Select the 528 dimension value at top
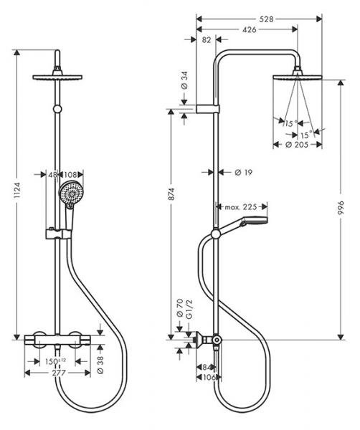(x=267, y=19)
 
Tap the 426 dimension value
(x=249, y=29)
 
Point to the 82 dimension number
(x=207, y=39)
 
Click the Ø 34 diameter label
(x=185, y=80)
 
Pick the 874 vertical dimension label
(x=171, y=194)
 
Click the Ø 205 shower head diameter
(x=297, y=145)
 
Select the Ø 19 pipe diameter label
(x=244, y=173)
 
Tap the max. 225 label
(x=241, y=207)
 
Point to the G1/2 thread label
(x=189, y=310)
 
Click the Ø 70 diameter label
(x=180, y=308)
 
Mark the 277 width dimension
(x=59, y=373)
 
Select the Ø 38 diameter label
(x=100, y=365)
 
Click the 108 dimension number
(x=70, y=174)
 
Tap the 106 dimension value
(x=209, y=378)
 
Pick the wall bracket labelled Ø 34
(x=208, y=109)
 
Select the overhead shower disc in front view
(x=57, y=77)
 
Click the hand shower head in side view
(x=253, y=220)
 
